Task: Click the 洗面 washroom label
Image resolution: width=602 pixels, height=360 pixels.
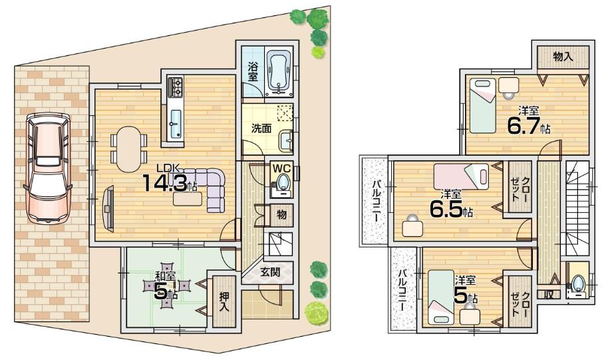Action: [260, 128]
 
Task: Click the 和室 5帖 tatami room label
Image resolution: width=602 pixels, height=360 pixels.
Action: [166, 287]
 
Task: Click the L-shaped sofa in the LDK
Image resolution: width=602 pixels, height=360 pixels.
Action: [208, 188]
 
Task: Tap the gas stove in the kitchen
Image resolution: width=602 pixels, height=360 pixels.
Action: [176, 87]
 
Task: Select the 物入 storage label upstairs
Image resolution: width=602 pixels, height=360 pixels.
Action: [563, 57]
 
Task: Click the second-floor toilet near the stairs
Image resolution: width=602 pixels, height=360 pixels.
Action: [578, 282]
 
